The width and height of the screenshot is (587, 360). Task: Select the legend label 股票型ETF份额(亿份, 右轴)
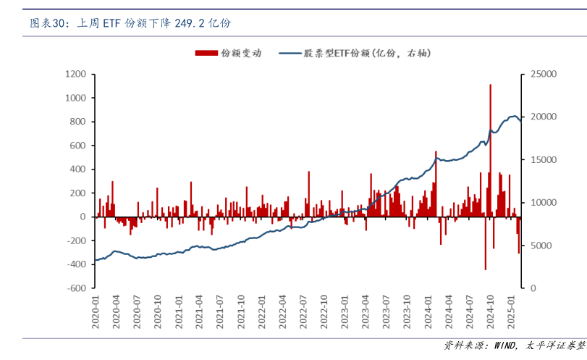point(368,53)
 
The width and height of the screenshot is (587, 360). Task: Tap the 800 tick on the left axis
point(77,122)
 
